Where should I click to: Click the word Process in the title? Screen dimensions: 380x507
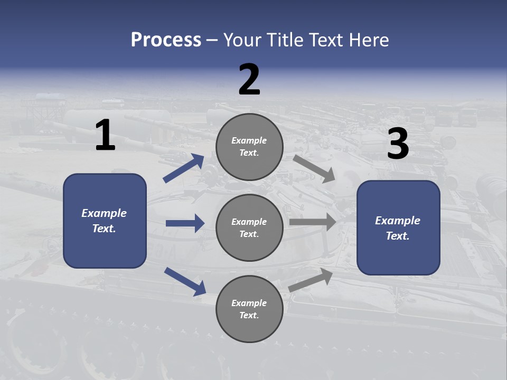pyautogui.click(x=166, y=40)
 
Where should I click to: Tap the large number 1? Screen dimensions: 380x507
pyautogui.click(x=105, y=136)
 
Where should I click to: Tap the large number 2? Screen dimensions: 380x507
pyautogui.click(x=249, y=80)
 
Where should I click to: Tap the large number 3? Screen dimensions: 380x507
pyautogui.click(x=398, y=144)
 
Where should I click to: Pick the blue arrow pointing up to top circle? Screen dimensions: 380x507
pyautogui.click(x=184, y=168)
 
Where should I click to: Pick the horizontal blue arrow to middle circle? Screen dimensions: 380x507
pyautogui.click(x=185, y=223)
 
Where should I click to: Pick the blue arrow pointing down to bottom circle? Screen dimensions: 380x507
pyautogui.click(x=185, y=281)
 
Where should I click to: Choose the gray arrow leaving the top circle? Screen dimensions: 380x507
pyautogui.click(x=314, y=169)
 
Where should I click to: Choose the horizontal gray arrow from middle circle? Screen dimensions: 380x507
pyautogui.click(x=313, y=222)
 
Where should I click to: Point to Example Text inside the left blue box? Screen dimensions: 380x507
pyautogui.click(x=104, y=221)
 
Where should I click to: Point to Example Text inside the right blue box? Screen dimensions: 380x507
pyautogui.click(x=398, y=228)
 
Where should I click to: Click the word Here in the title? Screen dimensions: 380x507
pyautogui.click(x=369, y=40)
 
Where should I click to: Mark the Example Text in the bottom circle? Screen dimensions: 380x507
pyautogui.click(x=249, y=309)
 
